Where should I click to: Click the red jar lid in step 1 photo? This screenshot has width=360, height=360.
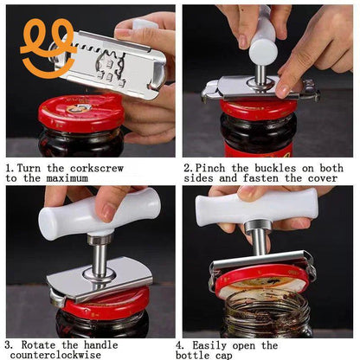tap(80, 112)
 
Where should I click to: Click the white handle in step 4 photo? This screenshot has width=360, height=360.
tap(260, 209)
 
